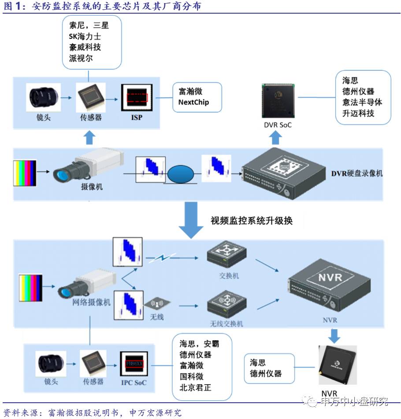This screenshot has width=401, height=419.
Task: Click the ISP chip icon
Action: (137, 98)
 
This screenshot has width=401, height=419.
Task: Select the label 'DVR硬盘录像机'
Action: (357, 173)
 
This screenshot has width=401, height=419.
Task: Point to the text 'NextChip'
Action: (193, 102)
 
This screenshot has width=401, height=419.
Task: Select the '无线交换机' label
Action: (226, 324)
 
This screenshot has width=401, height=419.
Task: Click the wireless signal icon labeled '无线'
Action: (157, 304)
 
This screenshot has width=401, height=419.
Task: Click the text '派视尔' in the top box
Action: (81, 58)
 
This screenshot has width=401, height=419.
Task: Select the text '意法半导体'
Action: (362, 102)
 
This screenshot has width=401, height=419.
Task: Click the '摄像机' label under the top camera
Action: (92, 186)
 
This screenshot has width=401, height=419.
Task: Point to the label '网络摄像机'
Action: (92, 302)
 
